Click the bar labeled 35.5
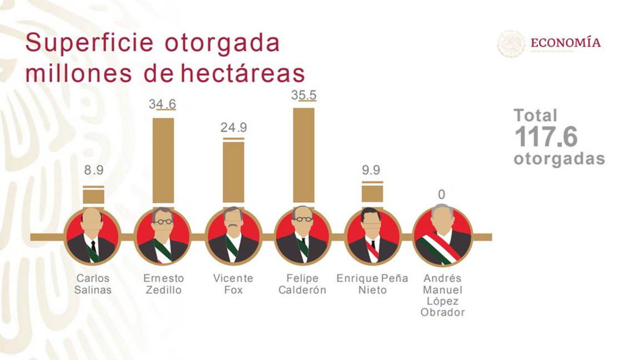point(303,156)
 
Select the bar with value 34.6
point(163,161)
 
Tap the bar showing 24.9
point(233,172)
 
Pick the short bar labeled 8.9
point(93,196)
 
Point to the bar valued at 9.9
point(372,193)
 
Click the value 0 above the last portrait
point(442,194)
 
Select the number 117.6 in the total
point(546,137)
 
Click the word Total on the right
point(535,116)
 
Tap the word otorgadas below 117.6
point(559,159)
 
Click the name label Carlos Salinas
point(93,284)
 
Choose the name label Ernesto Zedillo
point(163,284)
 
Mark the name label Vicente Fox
point(233,284)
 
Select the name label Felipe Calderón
point(302,284)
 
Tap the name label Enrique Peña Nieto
point(372,284)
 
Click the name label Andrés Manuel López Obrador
point(442,295)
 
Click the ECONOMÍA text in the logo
point(565,42)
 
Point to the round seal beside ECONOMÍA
point(511,44)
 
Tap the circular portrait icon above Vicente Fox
point(233,237)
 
